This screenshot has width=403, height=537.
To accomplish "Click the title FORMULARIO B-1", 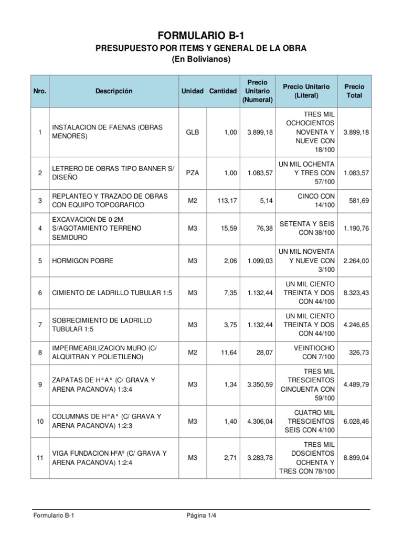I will (201, 35).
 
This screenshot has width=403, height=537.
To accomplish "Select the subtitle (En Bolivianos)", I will (201, 60).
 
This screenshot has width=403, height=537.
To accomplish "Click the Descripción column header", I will (114, 91).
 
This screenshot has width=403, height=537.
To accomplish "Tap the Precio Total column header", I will (354, 91).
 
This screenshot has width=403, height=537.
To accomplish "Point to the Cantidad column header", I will (223, 91).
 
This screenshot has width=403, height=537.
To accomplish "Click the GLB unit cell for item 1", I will (193, 133).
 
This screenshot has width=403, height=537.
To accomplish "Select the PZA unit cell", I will (193, 173).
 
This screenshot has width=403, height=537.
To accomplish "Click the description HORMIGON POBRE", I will (82, 261).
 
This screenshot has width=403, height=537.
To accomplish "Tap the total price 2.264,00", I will (356, 261).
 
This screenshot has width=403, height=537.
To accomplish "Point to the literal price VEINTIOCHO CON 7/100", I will (310, 353).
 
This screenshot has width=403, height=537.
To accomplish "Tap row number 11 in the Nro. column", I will (40, 458).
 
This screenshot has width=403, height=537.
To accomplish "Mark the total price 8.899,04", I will (356, 458).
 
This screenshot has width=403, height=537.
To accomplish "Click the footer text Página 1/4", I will (201, 515).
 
